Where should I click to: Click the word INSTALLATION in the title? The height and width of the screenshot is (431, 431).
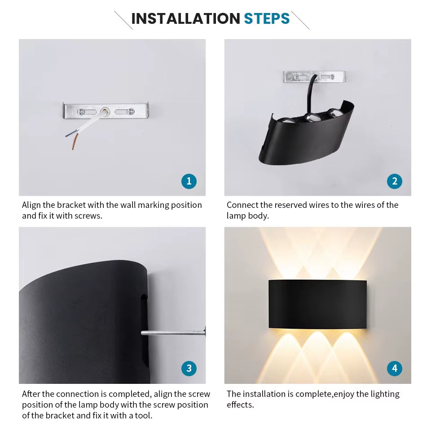(x=185, y=19)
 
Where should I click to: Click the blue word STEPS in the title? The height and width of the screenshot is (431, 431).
(x=267, y=19)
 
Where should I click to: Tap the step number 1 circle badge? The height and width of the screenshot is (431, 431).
(x=189, y=181)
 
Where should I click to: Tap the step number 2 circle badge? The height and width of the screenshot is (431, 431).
(x=394, y=181)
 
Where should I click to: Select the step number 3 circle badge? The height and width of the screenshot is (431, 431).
(x=189, y=369)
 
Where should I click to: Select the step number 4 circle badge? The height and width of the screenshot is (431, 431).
(x=394, y=369)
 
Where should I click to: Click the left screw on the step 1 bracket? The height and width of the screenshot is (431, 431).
(x=81, y=111)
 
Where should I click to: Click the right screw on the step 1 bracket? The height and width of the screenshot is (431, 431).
(x=130, y=111)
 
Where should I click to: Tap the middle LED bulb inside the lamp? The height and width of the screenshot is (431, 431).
(x=310, y=118)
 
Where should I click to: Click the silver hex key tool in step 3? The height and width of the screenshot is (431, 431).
(x=173, y=333)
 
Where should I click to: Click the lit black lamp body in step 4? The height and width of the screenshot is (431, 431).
(x=317, y=304)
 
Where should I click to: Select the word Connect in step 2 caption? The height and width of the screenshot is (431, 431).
(x=242, y=205)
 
